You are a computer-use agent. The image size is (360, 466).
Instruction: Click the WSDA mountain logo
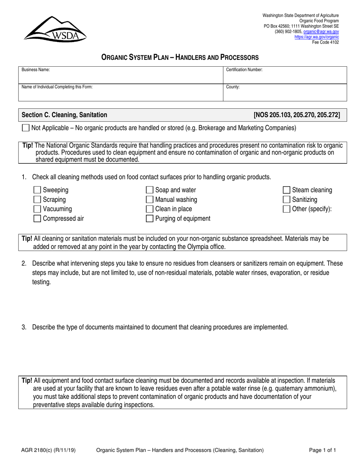point(55,29)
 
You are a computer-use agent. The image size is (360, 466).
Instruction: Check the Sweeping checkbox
point(38,190)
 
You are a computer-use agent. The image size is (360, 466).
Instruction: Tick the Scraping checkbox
point(38,200)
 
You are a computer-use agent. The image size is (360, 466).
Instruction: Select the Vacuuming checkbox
point(38,209)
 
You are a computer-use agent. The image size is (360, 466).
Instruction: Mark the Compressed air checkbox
point(38,219)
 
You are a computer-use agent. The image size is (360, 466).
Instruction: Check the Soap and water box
point(150,190)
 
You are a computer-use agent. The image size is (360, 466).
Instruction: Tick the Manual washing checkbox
point(150,200)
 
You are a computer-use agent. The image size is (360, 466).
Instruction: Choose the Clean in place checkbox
point(150,209)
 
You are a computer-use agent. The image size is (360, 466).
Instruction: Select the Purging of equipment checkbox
point(150,219)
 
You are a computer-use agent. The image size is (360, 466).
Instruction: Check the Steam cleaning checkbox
point(287,190)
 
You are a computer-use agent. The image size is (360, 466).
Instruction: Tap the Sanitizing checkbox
point(287,200)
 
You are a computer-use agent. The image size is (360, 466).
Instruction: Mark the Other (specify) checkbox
point(287,209)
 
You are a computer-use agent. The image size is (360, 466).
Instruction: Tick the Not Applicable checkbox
point(26,128)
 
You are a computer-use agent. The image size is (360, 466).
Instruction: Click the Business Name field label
point(36,70)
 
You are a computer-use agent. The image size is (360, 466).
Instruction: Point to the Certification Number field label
point(244,70)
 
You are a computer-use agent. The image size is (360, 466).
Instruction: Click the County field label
point(233,87)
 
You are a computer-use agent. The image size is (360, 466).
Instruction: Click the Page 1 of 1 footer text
point(322,450)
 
